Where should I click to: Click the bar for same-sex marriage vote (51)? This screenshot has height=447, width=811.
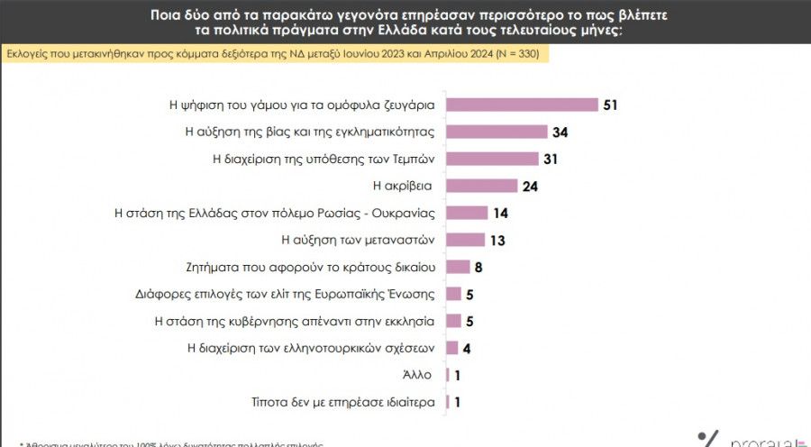tap(523, 105)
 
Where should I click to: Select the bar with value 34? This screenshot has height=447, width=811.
tap(497, 132)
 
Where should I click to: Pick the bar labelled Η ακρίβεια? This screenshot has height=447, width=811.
tap(482, 186)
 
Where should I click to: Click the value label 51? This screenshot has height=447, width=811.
tap(610, 105)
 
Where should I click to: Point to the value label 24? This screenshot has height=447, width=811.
tap(529, 186)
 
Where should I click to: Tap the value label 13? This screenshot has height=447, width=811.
tap(496, 240)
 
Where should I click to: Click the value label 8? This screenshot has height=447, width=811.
tap(478, 267)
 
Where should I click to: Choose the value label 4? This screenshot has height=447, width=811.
tap(466, 348)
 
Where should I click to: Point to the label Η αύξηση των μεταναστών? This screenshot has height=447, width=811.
tap(359, 240)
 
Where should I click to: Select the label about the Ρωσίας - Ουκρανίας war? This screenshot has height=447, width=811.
tap(276, 214)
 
